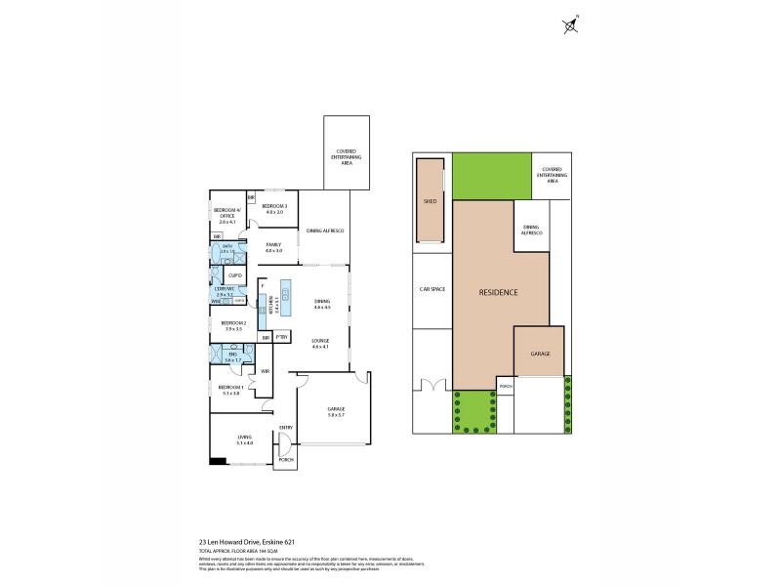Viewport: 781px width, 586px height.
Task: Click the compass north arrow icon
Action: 570,26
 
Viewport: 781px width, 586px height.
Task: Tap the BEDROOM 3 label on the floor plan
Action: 273,206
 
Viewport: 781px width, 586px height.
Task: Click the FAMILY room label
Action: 273,247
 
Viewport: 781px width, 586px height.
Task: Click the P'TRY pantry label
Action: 282,337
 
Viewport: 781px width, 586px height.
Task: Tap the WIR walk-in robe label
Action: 265,372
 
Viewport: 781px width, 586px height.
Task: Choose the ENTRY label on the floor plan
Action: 286,427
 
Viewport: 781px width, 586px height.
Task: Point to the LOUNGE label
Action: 321,342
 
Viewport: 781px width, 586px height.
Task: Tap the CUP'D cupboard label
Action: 235,276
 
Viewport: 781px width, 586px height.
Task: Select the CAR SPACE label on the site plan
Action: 432,290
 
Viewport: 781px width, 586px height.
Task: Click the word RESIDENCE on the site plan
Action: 498,293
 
